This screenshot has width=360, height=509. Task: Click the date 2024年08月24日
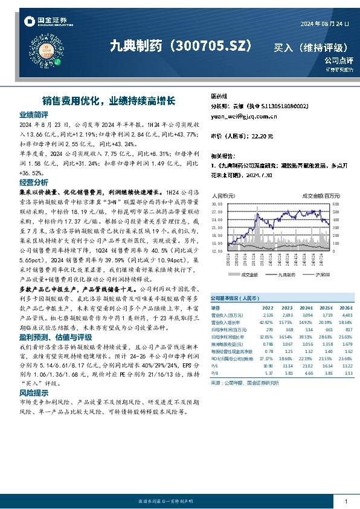(324, 23)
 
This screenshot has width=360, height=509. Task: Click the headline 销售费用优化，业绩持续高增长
(109, 100)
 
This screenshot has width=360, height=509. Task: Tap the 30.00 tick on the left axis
(217, 205)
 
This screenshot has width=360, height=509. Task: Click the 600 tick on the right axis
(336, 205)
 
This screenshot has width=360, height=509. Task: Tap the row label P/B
(215, 374)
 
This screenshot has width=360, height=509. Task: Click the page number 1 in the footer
(346, 502)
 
